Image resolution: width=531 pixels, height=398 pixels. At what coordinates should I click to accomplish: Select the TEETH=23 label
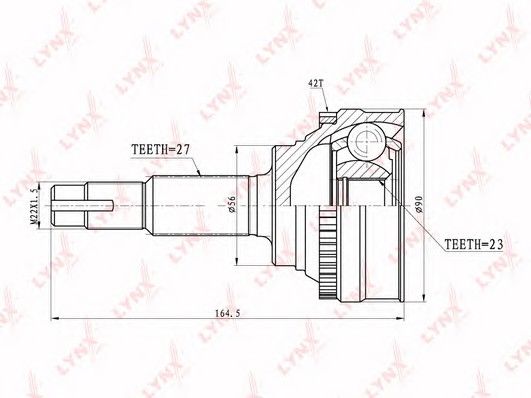pos(473,244)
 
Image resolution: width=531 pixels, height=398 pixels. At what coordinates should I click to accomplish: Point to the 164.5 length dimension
pos(228,313)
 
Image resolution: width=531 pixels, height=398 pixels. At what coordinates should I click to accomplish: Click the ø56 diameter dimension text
pos(232,203)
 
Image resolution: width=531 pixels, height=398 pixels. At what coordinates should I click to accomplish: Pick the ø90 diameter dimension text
pos(419,204)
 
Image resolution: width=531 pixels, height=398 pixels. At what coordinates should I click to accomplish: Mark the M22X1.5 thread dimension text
pos(34,206)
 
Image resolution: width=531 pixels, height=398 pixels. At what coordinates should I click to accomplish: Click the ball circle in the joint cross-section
pos(367,141)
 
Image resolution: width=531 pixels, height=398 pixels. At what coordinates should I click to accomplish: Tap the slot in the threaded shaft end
pos(83,206)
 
